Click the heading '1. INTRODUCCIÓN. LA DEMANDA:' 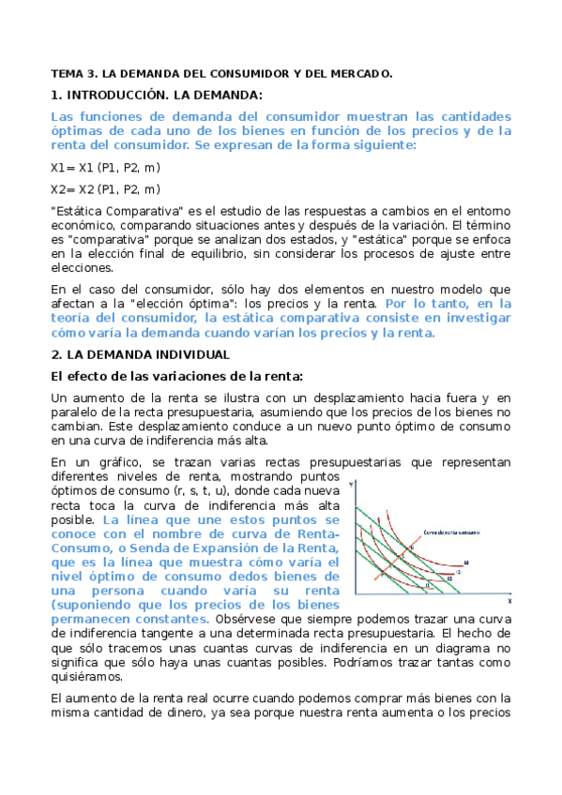157,95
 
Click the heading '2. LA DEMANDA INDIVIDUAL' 140,354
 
